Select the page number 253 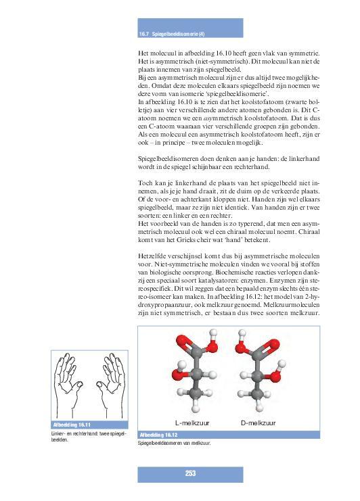tap(190, 473)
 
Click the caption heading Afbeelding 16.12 tap(158, 434)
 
